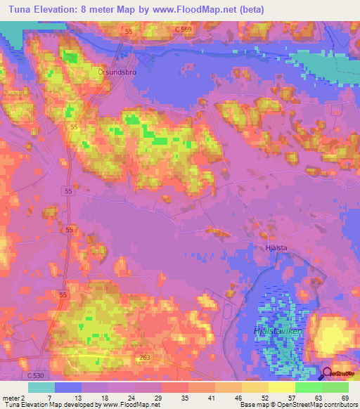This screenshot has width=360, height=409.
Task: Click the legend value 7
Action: pos(50,396)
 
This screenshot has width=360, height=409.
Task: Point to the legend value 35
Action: pos(184,396)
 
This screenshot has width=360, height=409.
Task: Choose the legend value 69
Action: pos(344,396)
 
